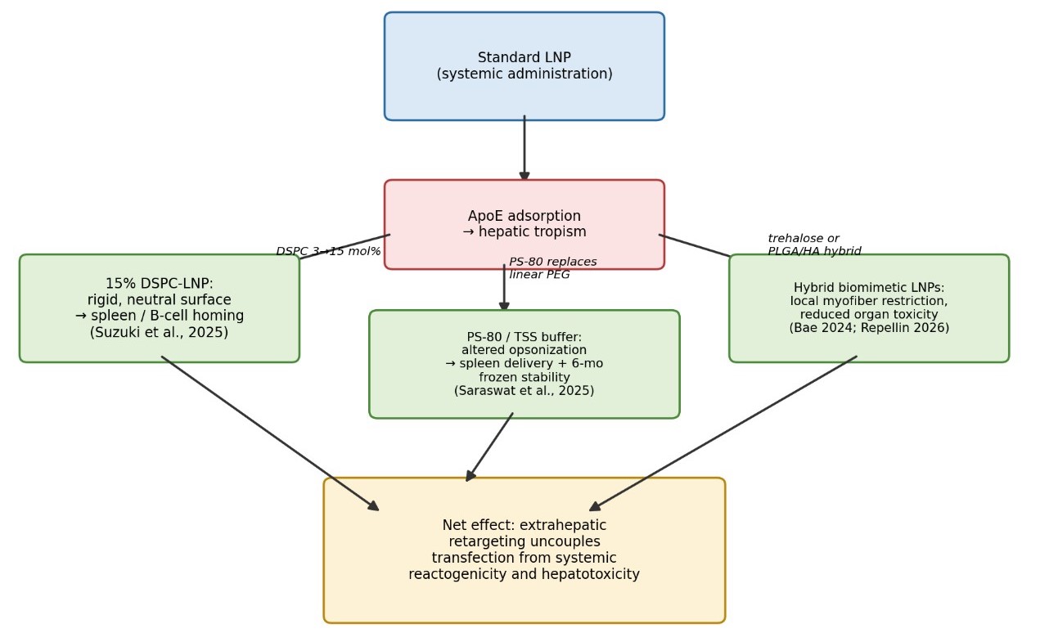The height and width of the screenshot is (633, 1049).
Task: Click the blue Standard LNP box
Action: [x=524, y=66]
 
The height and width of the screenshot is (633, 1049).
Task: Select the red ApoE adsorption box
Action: [x=524, y=224]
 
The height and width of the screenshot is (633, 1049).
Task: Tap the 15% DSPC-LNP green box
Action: [x=160, y=308]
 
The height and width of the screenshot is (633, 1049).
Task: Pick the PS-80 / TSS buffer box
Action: [x=524, y=364]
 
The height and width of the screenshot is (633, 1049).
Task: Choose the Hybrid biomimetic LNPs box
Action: [x=869, y=308]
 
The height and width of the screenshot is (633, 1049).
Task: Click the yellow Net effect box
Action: [x=524, y=550]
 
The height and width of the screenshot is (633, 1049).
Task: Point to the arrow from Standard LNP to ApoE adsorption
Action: [x=524, y=148]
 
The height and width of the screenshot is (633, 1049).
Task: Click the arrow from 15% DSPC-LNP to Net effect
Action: [x=270, y=433]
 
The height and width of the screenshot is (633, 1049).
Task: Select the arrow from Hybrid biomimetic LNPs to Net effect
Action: [x=723, y=433]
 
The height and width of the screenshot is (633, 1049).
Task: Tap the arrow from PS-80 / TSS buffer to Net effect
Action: [x=489, y=447]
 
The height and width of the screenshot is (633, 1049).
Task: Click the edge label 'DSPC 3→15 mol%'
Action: [x=328, y=251]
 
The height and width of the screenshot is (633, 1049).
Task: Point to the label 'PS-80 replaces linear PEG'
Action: [x=553, y=267]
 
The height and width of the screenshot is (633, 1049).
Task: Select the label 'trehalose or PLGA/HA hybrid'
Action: [x=814, y=245]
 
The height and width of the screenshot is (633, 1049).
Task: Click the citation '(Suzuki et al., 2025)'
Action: [x=160, y=332]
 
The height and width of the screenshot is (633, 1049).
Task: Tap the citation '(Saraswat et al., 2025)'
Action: [x=524, y=390]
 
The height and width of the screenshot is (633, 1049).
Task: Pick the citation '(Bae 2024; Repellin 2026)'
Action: [x=869, y=328]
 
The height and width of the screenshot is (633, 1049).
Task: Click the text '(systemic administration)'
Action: [x=524, y=74]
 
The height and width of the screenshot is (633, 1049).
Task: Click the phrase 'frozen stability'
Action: [x=524, y=377]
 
